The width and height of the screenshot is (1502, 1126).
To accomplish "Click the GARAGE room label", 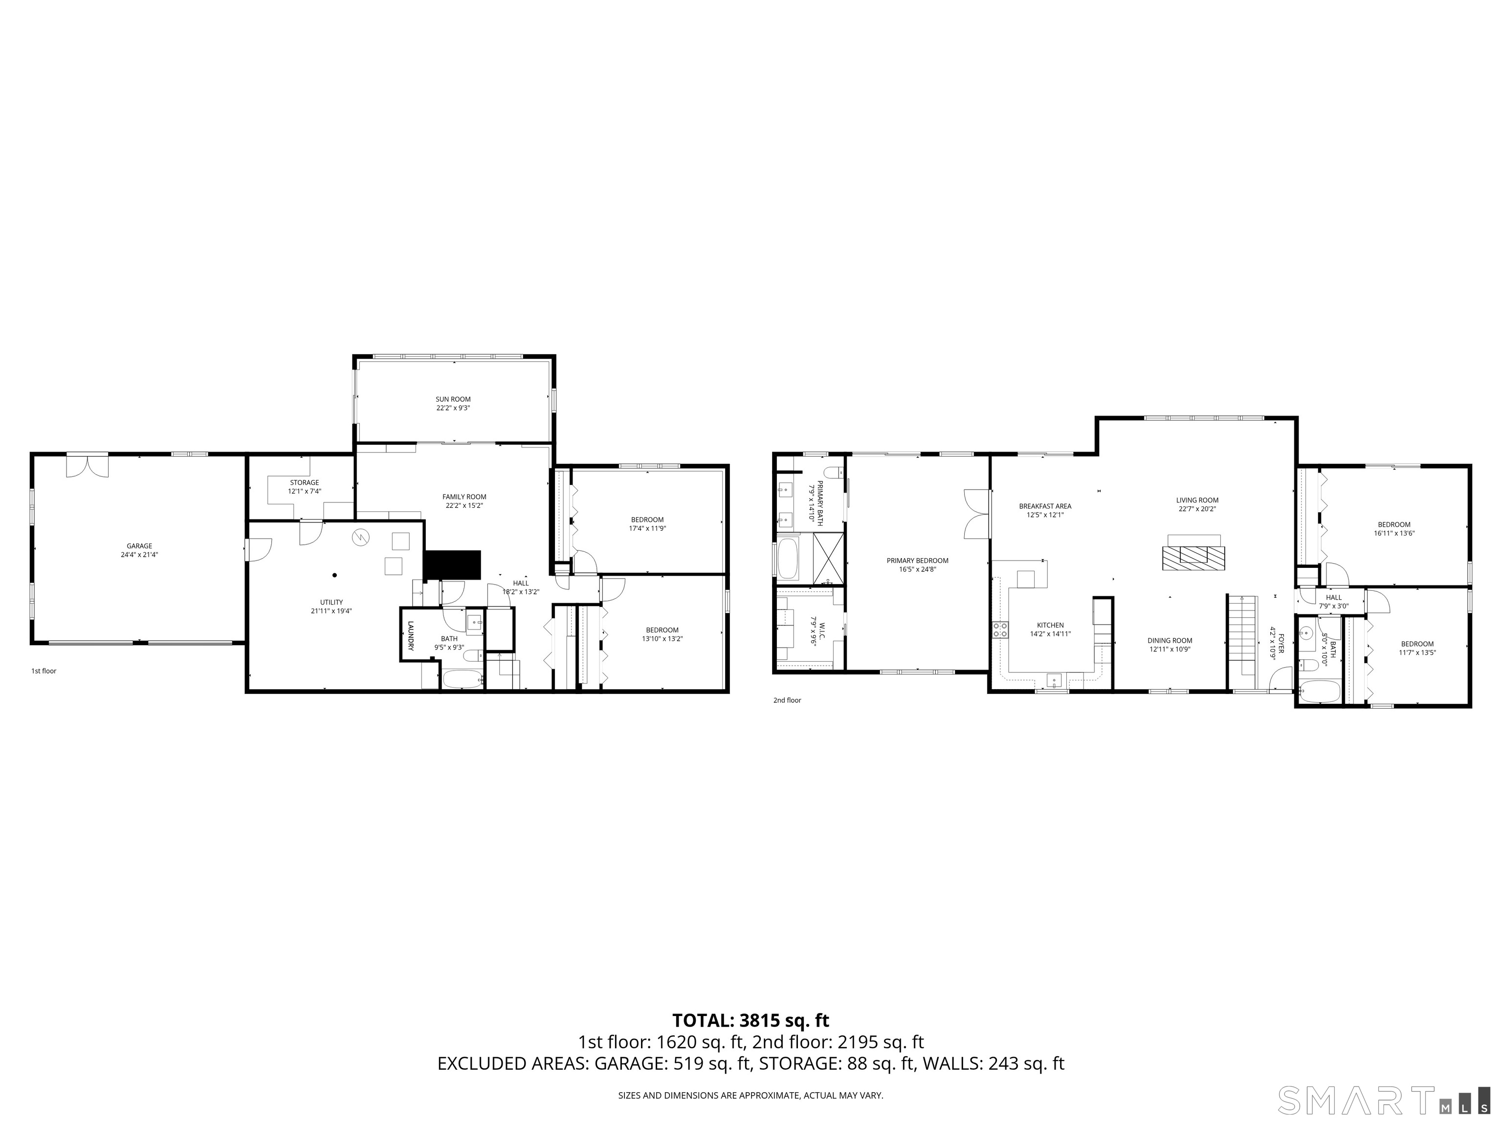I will (x=139, y=550).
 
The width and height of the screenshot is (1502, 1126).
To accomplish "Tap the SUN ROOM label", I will (x=453, y=404).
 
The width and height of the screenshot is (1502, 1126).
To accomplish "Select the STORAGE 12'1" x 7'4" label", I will (x=304, y=487).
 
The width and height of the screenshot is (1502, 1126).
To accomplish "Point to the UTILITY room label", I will (x=331, y=606).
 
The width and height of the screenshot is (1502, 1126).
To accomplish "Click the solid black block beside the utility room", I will (x=452, y=564).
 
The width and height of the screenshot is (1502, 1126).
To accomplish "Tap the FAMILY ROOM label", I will (x=464, y=501).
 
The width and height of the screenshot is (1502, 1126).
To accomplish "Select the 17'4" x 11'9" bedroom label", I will (x=647, y=524).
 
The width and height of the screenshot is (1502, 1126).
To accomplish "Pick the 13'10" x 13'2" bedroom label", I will (x=662, y=634).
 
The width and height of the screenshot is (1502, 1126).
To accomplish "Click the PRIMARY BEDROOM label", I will (x=917, y=564).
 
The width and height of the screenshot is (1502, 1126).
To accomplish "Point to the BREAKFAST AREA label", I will (x=1045, y=510).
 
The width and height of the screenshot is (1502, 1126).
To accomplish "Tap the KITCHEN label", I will (x=1050, y=629).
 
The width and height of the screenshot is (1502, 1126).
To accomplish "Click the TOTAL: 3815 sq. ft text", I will (x=751, y=1020).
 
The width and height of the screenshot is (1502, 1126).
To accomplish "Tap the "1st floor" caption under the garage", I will (x=44, y=671).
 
